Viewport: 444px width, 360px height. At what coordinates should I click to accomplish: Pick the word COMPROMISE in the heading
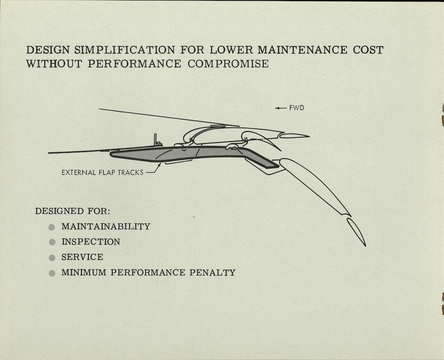pos(228,63)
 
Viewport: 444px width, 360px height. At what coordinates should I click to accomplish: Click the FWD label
pos(297,108)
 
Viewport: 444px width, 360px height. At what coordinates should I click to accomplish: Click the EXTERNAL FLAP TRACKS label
pos(102,173)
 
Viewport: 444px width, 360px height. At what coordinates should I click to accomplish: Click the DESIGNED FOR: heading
pos(73,211)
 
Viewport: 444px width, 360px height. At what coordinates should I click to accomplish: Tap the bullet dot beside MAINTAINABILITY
pos(52,227)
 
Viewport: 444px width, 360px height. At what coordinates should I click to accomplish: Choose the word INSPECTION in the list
pos(91,242)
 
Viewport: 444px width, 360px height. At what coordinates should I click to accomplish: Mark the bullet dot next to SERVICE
pos(52,258)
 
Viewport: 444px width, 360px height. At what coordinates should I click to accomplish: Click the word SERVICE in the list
pos(82,257)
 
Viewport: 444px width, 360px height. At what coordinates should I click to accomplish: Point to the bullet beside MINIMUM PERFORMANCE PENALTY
pos(52,273)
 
